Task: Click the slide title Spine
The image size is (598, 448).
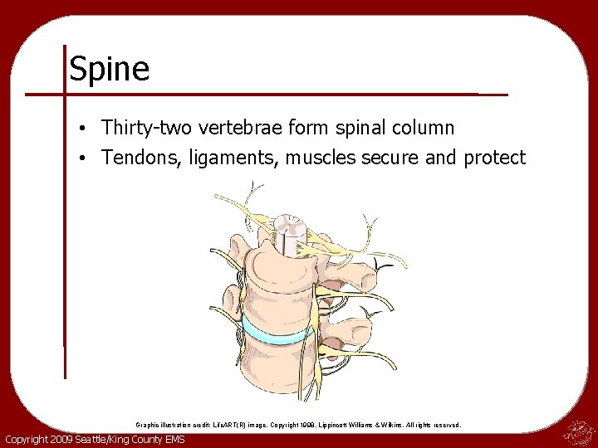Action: (109, 69)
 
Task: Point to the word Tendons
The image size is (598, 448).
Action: (134, 158)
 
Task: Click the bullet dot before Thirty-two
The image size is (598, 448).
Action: (86, 129)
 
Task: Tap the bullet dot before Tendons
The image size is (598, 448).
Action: (86, 158)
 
